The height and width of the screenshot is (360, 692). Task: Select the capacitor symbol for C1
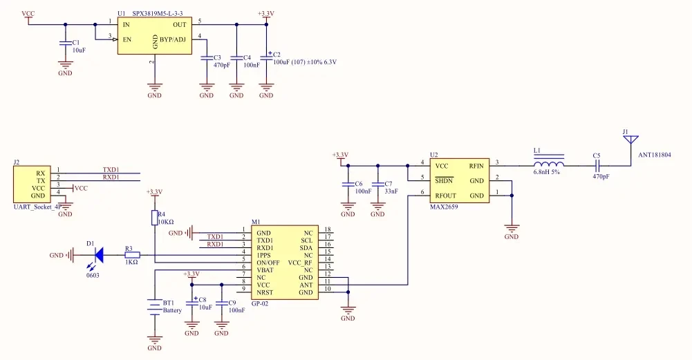65,44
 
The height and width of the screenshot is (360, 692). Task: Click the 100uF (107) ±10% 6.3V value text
304,62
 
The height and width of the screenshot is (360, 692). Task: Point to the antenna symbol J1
630,141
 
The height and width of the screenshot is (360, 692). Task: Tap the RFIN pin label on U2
476,166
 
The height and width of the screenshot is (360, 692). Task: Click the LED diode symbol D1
99,255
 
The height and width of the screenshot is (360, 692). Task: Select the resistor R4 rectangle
155,218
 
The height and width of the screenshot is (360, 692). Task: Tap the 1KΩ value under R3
131,263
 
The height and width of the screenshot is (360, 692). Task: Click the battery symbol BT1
155,306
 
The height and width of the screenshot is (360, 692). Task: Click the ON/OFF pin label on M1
267,263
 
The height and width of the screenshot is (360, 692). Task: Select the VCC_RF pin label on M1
299,263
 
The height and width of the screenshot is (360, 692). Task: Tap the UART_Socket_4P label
37,206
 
